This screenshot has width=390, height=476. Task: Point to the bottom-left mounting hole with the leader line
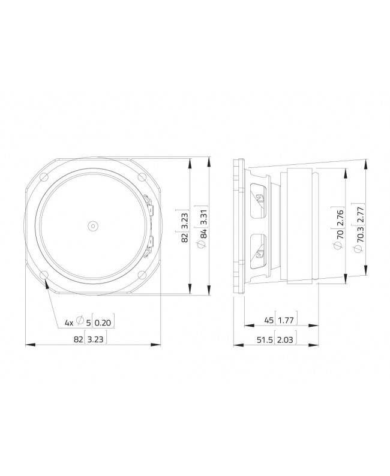[45, 275]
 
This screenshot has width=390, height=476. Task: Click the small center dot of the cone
[93, 225]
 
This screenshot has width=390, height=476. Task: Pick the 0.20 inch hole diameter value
[103, 323]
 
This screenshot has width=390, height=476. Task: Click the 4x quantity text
[69, 323]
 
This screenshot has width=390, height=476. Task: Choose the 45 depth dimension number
[266, 321]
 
